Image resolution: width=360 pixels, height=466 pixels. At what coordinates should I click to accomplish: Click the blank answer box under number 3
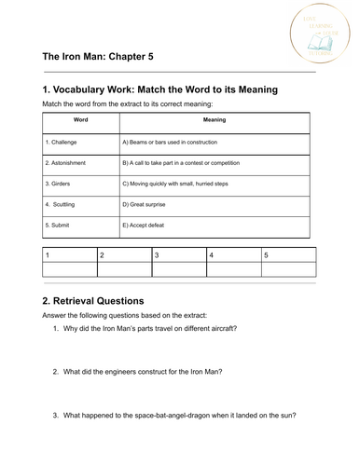pyautogui.click(x=178, y=269)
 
